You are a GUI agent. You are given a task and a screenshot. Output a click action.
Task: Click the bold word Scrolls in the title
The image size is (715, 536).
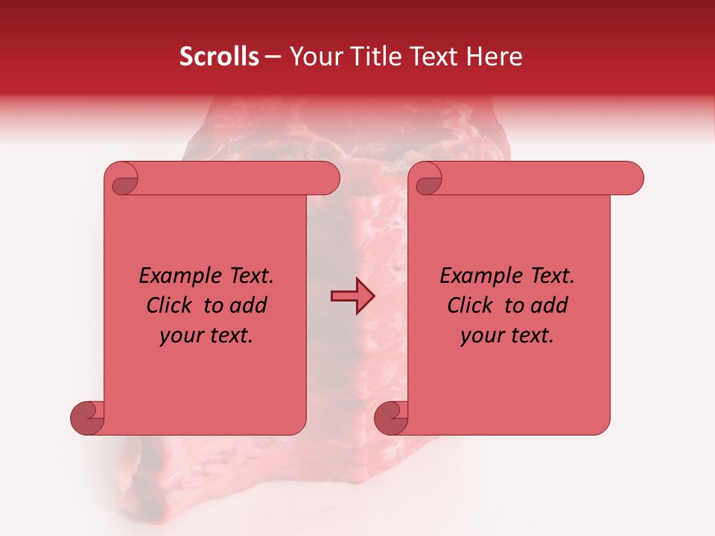point(219,57)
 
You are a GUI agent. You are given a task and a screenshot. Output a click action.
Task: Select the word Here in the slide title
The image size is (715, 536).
point(493,57)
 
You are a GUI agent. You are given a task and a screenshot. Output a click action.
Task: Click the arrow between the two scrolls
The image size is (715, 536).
point(352,296)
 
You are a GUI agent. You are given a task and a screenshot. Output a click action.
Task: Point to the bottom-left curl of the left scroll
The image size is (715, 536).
point(87,418)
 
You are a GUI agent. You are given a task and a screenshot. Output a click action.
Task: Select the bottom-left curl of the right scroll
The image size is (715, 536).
point(391,418)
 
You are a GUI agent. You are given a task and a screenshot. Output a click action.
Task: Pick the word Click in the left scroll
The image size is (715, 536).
point(170,305)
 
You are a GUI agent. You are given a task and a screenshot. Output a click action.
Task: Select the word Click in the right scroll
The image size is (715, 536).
point(471,305)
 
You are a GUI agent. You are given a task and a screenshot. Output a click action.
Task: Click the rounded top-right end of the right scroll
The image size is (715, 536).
point(632,179)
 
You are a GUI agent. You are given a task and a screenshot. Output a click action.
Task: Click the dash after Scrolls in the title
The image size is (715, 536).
point(273,57)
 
